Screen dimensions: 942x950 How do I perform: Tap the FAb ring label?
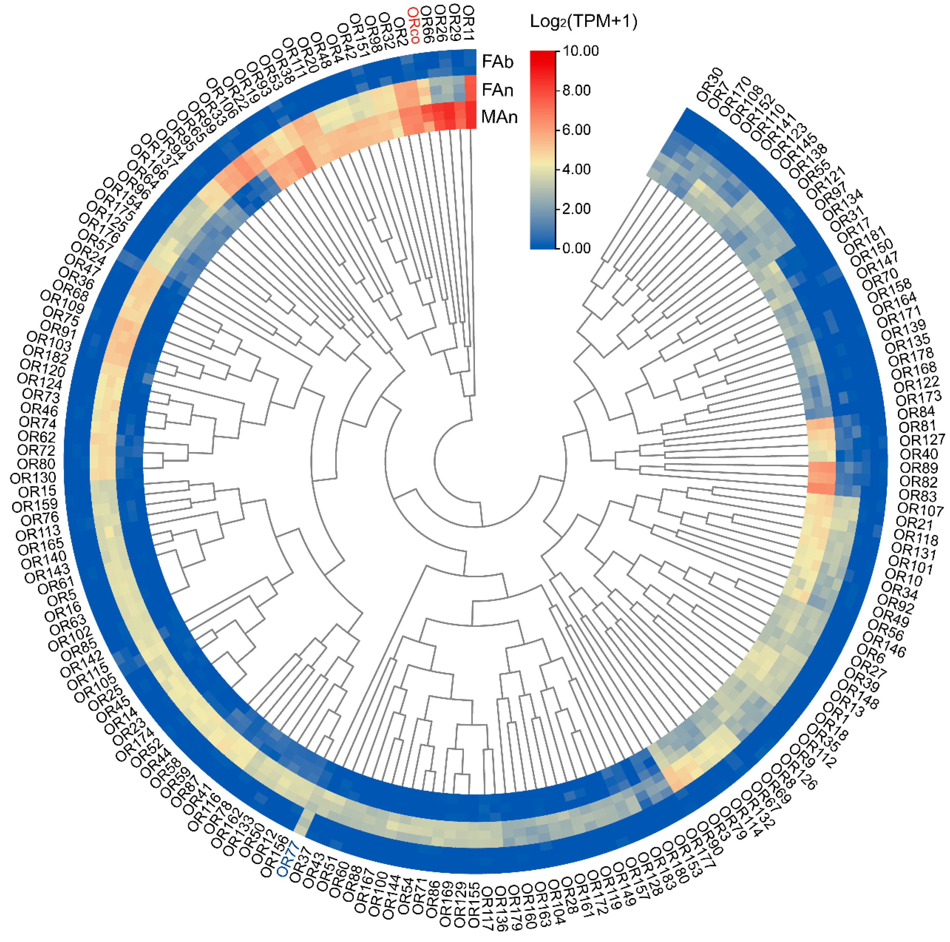[497, 62]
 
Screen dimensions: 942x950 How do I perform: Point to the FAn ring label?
[497, 90]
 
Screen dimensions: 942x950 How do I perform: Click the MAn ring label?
[499, 117]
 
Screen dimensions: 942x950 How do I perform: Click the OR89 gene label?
[919, 467]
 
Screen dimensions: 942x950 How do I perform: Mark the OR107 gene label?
[920, 509]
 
